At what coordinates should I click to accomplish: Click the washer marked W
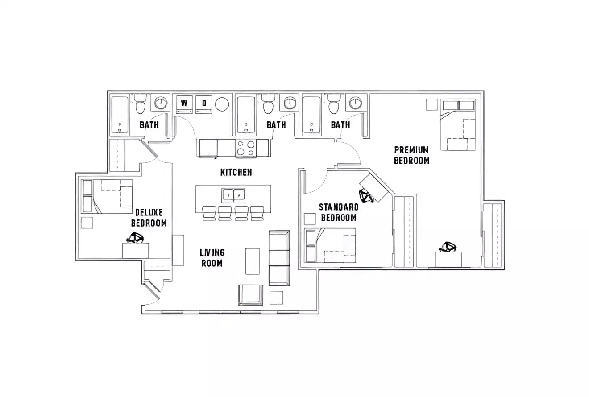coord(183,103)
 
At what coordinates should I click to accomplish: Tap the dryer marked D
coord(204,103)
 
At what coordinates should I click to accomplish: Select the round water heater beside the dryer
coord(222,104)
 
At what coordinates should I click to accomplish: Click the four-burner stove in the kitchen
coord(246,148)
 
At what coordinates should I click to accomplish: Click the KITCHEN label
coord(236,172)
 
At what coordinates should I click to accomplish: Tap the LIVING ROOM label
coord(212,258)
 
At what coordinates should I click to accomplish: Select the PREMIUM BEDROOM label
coord(411,155)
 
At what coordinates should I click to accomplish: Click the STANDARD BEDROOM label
coord(339,212)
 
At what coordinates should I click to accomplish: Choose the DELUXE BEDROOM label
coord(149,218)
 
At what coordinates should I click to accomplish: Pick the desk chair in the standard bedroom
coord(366,195)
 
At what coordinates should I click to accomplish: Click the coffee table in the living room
coord(252,261)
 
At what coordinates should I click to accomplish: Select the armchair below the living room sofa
coord(251,294)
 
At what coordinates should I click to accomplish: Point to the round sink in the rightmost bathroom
coord(355,103)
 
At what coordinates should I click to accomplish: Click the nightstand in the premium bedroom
coord(431,104)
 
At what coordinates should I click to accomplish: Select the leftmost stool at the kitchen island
coord(209,213)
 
